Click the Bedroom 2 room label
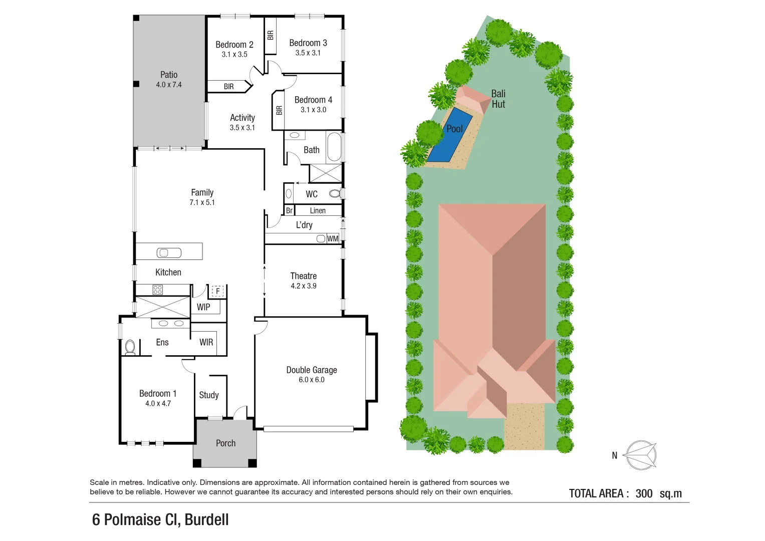pos(234,45)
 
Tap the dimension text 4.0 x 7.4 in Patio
pos(169,85)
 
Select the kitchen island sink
pos(169,252)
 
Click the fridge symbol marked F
pos(217,291)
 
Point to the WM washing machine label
pos(333,238)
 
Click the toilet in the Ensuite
pos(130,347)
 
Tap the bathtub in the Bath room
pos(334,147)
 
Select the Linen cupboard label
pos(318,211)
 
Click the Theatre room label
pos(304,276)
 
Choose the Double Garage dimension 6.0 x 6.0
pos(312,380)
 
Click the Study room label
pos(209,395)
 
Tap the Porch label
pos(225,443)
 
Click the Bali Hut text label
pos(498,99)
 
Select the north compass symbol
pos(641,455)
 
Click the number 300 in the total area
pos(644,493)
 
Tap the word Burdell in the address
pos(206,520)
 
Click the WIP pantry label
pos(203,307)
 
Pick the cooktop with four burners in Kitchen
pos(158,290)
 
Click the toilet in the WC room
pos(335,193)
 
